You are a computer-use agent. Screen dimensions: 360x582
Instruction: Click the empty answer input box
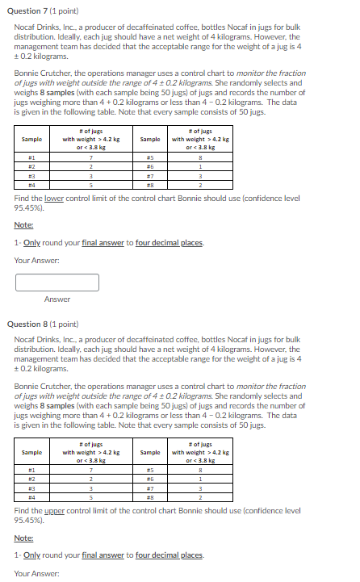(x=57, y=282)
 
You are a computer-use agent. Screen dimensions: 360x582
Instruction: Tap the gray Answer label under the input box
(x=57, y=299)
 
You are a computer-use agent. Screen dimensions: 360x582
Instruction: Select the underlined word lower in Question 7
(x=55, y=197)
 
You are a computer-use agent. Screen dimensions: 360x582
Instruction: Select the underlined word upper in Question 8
(x=55, y=511)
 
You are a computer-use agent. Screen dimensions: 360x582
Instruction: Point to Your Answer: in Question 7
(x=34, y=260)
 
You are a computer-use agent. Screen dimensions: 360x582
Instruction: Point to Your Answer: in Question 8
(x=34, y=574)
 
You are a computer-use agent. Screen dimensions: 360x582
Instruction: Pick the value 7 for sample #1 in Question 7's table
(x=91, y=157)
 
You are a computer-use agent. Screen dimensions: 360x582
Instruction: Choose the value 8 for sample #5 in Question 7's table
(x=199, y=157)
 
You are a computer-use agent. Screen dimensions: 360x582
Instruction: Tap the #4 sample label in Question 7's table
(x=31, y=184)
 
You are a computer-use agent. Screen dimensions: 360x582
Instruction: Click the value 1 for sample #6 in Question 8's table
(x=199, y=480)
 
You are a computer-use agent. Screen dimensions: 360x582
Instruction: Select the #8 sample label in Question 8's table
(x=149, y=498)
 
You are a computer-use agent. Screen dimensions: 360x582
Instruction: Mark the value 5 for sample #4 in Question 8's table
(x=91, y=498)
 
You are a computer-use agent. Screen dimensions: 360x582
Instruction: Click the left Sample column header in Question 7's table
(x=31, y=140)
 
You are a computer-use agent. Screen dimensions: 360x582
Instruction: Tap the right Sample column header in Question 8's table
(x=149, y=453)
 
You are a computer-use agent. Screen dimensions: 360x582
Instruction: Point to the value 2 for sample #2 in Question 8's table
(x=91, y=480)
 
